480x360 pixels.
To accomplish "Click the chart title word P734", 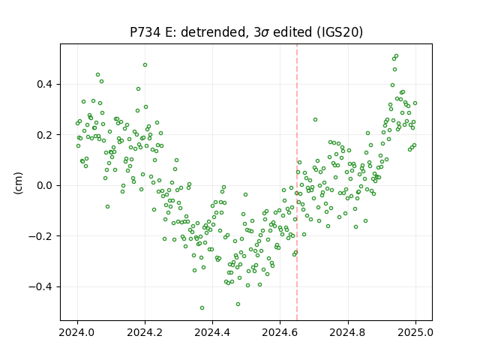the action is pos(145,31).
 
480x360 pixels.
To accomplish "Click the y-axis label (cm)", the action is pos(18,183).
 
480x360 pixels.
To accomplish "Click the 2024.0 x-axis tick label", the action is pos(77,332).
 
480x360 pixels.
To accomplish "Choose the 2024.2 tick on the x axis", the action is pos(145,332).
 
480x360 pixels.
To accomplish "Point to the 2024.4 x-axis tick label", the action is pos(212,332).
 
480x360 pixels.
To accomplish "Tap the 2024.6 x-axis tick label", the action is pos(280,332).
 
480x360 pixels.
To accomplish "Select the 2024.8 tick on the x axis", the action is pos(348,332).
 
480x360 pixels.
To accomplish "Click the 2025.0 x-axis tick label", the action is pos(415,332).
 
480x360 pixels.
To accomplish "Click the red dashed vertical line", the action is pos(297,182).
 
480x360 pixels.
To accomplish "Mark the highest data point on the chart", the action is pos(396,56).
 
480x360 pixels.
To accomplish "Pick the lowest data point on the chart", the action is pos(202,308).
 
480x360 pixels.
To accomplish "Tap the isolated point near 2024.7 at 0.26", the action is pos(315,120).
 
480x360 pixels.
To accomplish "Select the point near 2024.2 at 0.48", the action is pos(145,65).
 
